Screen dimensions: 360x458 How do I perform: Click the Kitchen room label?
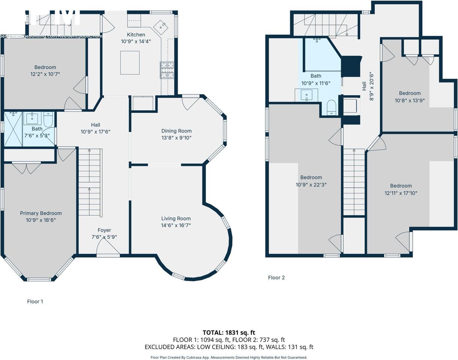136,34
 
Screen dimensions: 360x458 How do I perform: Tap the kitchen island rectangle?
130,63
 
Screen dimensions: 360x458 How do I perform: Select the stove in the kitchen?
168,70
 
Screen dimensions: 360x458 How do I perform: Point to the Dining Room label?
176,131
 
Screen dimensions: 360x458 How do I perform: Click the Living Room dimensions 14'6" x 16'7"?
176,225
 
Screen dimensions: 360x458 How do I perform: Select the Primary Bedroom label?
41,213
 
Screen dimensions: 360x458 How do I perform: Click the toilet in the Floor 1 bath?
48,119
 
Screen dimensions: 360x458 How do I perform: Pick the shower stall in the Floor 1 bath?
13,129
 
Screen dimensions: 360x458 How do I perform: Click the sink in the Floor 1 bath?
33,118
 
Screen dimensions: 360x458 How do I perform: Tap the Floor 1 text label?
35,301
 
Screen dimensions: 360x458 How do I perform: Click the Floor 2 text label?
276,277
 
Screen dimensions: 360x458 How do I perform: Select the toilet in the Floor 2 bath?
331,108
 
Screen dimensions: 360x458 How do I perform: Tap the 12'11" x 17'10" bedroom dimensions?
401,193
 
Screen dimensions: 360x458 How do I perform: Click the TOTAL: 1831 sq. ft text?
229,332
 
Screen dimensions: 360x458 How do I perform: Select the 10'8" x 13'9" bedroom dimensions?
410,100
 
